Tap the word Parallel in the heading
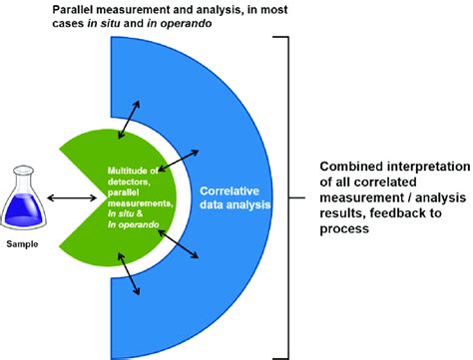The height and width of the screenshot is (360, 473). pyautogui.click(x=83, y=8)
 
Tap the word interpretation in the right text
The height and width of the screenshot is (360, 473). pyautogui.click(x=424, y=166)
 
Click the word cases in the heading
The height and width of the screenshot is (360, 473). pyautogui.click(x=76, y=25)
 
